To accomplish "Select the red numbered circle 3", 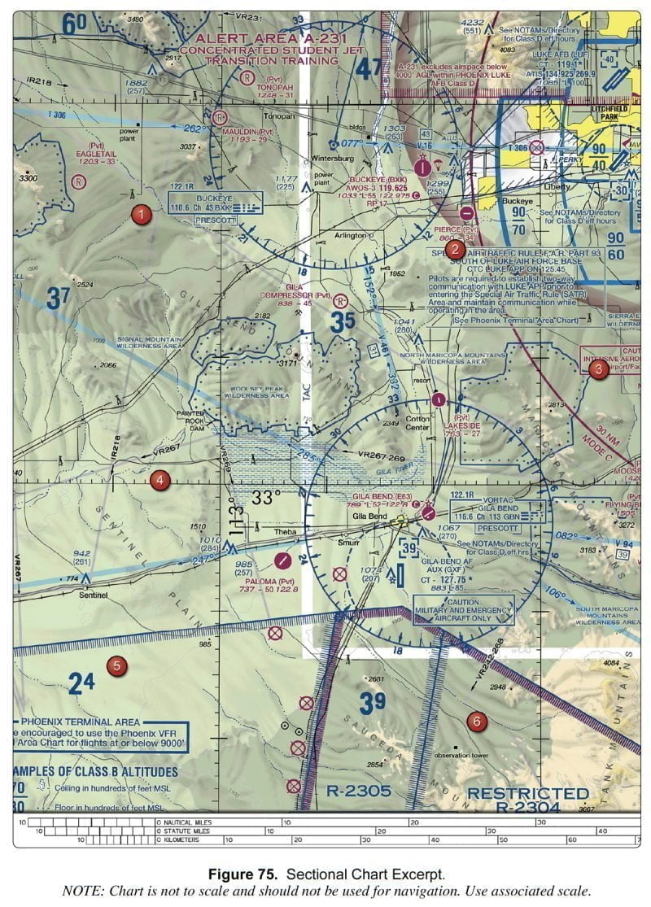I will click(x=599, y=369).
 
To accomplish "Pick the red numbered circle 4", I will click(x=159, y=481).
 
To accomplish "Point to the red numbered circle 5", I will click(x=117, y=666).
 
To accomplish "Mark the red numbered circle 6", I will click(x=477, y=721).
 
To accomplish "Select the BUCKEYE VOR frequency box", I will click(x=216, y=203).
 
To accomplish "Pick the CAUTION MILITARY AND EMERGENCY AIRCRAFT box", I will click(x=463, y=609).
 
